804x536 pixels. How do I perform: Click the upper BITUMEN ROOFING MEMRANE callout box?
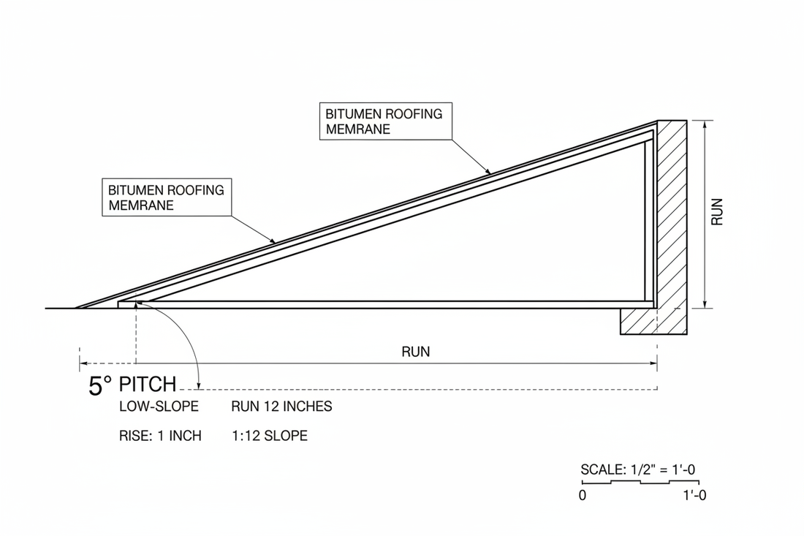coord(386,121)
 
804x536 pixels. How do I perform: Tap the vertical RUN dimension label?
coord(717,212)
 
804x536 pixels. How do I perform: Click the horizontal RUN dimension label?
coord(416,351)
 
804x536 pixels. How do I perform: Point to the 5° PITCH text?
coord(132,385)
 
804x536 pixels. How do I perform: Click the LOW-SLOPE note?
coord(159,407)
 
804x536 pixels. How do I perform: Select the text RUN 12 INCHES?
coord(281,407)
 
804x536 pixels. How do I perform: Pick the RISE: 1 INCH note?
coord(159,436)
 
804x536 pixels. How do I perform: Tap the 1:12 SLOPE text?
coord(269,436)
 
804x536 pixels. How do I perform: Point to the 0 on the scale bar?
coord(583,495)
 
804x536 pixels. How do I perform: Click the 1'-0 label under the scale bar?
coord(693,495)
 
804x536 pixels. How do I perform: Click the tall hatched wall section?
coord(672,212)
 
